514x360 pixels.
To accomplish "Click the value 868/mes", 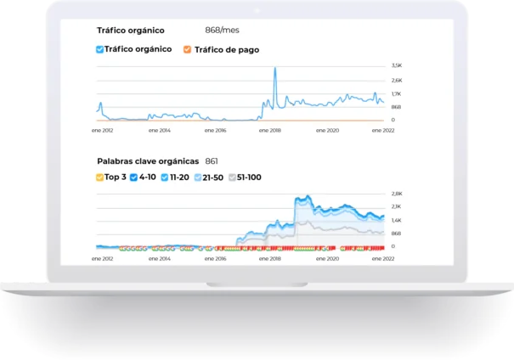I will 222,30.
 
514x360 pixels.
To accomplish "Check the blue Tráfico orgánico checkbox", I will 100,49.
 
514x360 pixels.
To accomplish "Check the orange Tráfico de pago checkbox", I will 187,49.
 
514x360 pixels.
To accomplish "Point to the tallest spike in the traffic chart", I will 274,70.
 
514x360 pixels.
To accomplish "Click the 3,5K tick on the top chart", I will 396,65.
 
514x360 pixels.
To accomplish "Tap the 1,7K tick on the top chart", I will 396,93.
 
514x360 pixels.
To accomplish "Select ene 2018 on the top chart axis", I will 270,131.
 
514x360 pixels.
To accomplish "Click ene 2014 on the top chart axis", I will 159,131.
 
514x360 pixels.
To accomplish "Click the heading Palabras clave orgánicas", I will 148,160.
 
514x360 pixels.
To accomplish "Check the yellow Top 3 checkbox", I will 100,177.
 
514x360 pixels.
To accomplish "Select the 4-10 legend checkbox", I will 133,177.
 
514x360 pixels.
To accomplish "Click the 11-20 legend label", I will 179,177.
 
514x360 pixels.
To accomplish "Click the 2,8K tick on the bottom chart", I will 396,194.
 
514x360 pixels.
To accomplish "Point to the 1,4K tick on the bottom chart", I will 396,220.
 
